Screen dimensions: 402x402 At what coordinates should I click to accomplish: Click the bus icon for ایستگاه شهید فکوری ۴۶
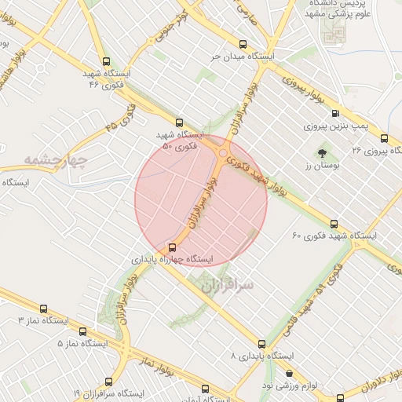pyautogui.click(x=107, y=62)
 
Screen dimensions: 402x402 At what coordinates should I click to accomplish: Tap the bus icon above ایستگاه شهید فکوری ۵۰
pyautogui.click(x=180, y=122)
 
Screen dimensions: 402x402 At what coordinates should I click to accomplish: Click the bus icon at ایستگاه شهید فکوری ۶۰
pyautogui.click(x=334, y=224)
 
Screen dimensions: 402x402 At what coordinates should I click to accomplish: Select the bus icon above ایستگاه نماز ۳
pyautogui.click(x=43, y=309)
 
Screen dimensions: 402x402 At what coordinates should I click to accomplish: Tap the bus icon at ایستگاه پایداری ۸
pyautogui.click(x=261, y=344)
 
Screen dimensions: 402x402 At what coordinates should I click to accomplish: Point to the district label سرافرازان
pyautogui.click(x=227, y=286)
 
